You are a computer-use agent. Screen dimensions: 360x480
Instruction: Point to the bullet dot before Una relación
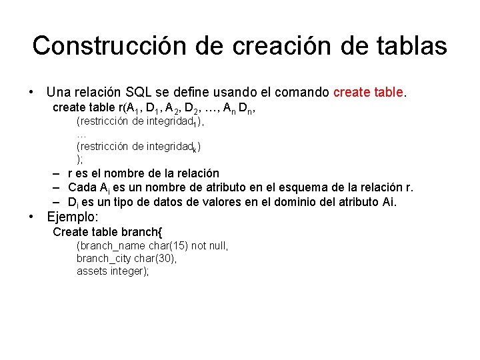tap(31, 91)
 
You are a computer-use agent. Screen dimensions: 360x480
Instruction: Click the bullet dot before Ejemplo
tap(31, 217)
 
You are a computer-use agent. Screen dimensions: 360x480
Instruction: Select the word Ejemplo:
tap(72, 217)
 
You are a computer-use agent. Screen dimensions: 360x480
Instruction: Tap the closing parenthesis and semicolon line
tap(80, 159)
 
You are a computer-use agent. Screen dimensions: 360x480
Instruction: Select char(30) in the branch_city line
tap(157, 259)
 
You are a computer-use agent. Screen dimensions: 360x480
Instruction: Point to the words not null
tap(209, 246)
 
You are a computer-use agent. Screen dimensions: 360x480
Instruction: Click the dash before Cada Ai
tap(57, 187)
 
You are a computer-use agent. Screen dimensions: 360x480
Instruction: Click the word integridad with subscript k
tap(170, 147)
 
